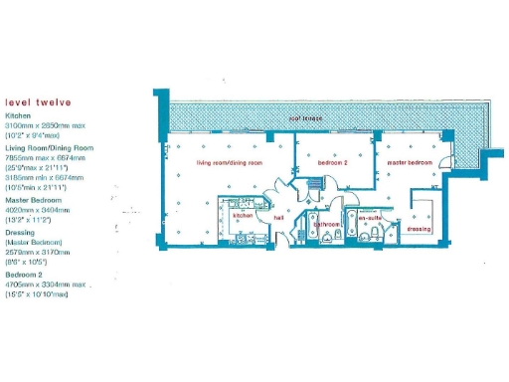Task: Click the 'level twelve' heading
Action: click(39, 100)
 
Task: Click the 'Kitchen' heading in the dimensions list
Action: click(20, 115)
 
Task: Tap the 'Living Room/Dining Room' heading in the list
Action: click(50, 147)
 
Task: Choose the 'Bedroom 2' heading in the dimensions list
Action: click(24, 274)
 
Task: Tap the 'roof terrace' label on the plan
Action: click(307, 117)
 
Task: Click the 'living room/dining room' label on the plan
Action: click(230, 161)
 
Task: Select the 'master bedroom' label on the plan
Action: click(410, 161)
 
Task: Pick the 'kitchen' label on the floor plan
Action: click(244, 215)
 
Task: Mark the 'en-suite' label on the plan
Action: click(371, 216)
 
